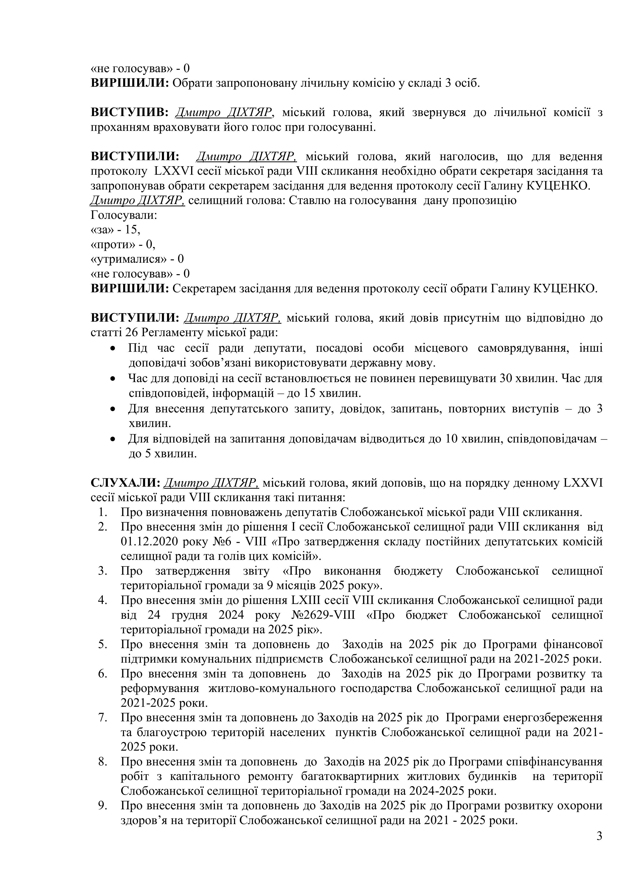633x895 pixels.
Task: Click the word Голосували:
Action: tap(124, 215)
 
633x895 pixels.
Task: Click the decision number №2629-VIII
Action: tap(323, 615)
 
